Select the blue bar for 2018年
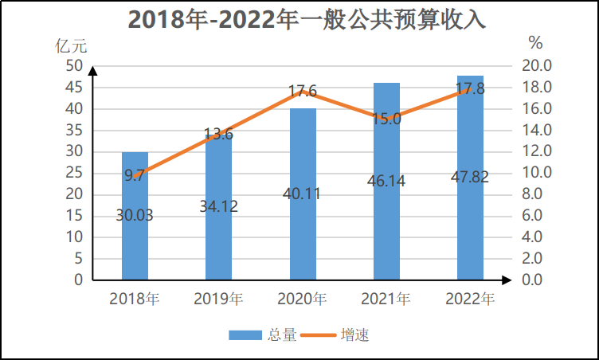click(135, 239)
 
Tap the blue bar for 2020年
click(302, 231)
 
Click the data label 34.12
click(218, 206)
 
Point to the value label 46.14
click(386, 181)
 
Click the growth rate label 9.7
click(135, 175)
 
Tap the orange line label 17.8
click(470, 88)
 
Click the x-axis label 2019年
click(218, 299)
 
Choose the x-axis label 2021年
click(386, 299)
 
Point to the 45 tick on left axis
click(73, 87)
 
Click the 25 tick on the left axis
click(73, 173)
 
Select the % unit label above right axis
click(535, 42)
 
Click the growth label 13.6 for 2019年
click(218, 135)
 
